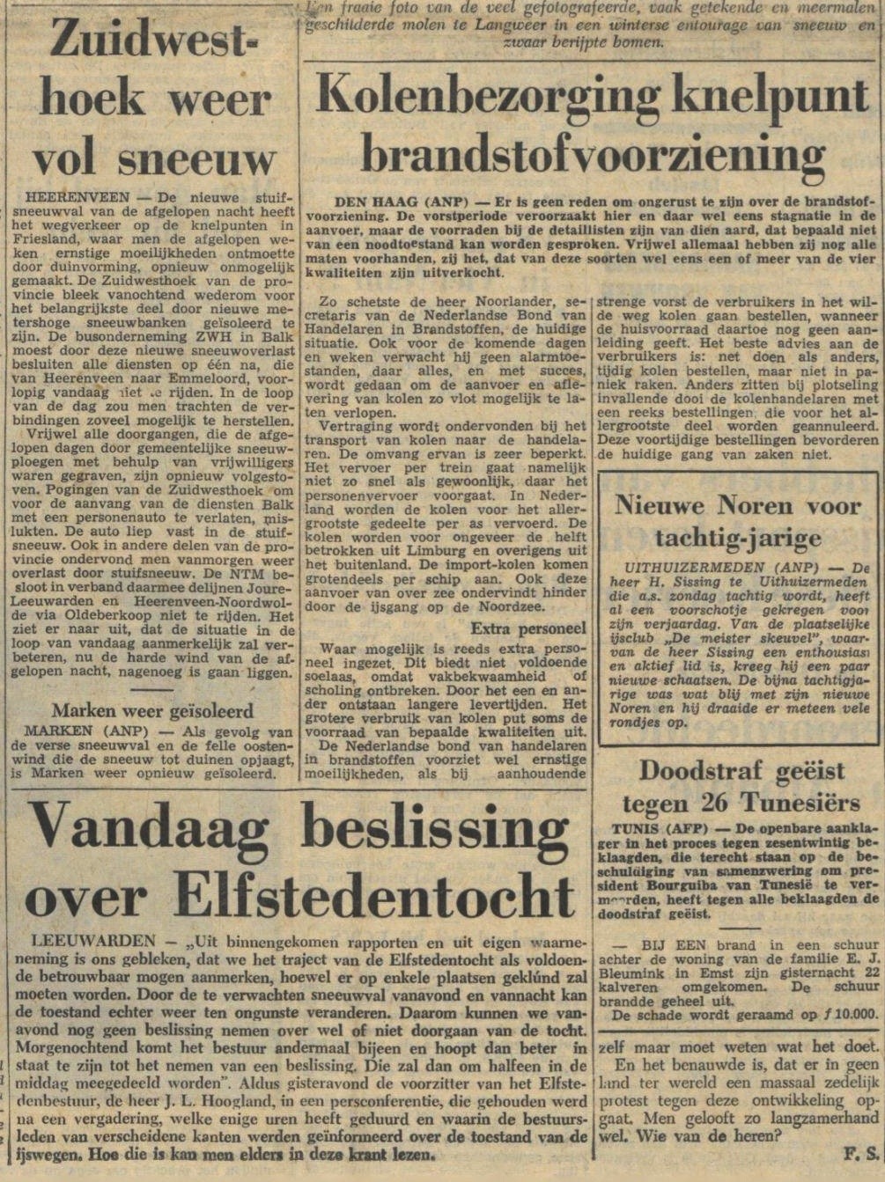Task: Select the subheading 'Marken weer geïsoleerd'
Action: [152, 710]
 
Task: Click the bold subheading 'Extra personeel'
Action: [528, 629]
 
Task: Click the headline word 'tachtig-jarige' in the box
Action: [738, 538]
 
